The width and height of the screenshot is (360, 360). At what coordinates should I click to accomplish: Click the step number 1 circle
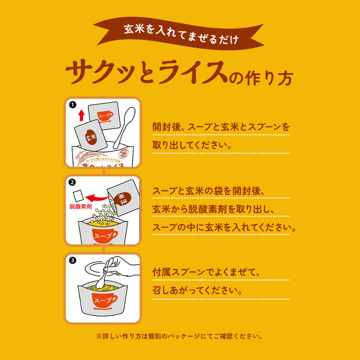pyautogui.click(x=72, y=104)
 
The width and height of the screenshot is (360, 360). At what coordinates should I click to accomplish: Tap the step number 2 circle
pyautogui.click(x=72, y=183)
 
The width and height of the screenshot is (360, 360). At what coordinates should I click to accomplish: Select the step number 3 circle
pyautogui.click(x=72, y=260)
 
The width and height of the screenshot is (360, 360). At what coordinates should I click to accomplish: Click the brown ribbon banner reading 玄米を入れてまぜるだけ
pyautogui.click(x=180, y=32)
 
